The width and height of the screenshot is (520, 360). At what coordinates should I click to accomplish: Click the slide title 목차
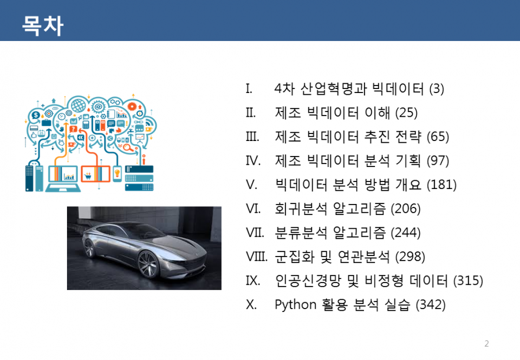tap(42, 25)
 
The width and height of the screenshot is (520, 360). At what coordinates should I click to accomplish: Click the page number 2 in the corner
tap(486, 343)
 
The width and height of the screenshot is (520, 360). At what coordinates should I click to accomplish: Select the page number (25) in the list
tap(406, 113)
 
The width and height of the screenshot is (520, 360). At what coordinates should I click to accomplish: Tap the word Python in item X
tap(295, 305)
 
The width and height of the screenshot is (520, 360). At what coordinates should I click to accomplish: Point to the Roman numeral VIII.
tap(257, 257)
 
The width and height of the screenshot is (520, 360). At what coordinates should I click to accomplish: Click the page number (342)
tap(430, 305)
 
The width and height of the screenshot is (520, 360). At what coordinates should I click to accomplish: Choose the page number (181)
tap(441, 184)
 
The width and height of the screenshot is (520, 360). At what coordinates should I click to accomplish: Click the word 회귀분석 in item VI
tap(301, 209)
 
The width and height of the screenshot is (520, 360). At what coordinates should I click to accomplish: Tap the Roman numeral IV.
tap(253, 161)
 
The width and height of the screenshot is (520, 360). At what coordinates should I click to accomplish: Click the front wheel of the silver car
tap(148, 264)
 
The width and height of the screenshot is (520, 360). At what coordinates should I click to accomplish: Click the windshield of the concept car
tap(142, 231)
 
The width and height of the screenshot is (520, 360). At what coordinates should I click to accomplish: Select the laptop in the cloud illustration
tap(63, 179)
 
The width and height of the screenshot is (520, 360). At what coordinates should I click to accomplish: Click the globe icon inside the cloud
tap(78, 106)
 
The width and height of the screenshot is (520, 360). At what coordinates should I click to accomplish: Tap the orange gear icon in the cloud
tap(132, 106)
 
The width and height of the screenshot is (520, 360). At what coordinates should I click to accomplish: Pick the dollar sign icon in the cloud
tap(35, 116)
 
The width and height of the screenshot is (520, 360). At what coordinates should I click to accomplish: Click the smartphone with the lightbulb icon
tap(117, 173)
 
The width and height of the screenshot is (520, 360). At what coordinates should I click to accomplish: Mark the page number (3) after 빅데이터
tap(436, 89)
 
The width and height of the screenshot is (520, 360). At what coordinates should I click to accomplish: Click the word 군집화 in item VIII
tap(295, 257)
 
